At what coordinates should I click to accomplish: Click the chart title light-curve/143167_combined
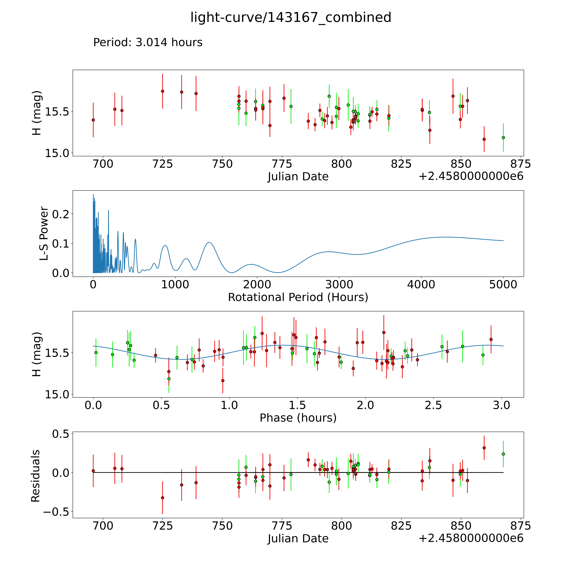[x=291, y=17]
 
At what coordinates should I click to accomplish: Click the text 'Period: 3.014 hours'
[x=148, y=42]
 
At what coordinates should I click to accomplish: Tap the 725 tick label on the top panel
[x=162, y=164]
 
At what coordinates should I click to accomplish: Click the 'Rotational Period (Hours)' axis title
[x=298, y=297]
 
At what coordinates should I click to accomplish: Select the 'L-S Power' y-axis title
[x=44, y=233]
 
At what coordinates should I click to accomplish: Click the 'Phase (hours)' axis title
[x=298, y=418]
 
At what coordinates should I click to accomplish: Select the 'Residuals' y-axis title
[x=36, y=476]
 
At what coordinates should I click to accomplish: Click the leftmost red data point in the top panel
[x=93, y=120]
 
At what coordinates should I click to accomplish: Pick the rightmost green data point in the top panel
[x=503, y=137]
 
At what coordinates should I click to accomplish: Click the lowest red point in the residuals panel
[x=162, y=498]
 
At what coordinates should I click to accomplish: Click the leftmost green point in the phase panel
[x=96, y=352]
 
